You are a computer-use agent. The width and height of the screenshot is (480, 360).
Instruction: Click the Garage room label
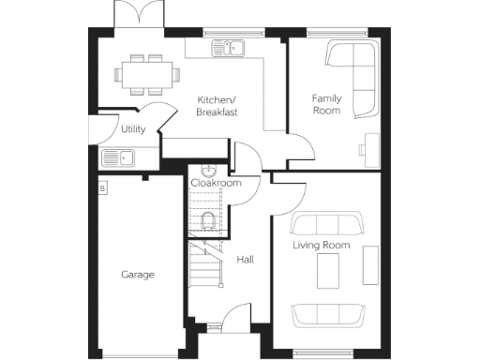point(138,275)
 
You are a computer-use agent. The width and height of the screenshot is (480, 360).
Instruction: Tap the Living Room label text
point(321,246)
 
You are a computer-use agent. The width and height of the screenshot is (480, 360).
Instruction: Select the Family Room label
point(326,104)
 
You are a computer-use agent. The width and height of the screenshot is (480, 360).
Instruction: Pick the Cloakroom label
point(216,183)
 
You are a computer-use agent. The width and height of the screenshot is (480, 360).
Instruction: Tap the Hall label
point(246,260)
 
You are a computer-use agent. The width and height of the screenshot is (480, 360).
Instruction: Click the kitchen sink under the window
point(230,48)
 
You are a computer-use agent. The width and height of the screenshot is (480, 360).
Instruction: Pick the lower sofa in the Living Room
point(328,314)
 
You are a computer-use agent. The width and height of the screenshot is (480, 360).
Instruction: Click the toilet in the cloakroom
point(209,221)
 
